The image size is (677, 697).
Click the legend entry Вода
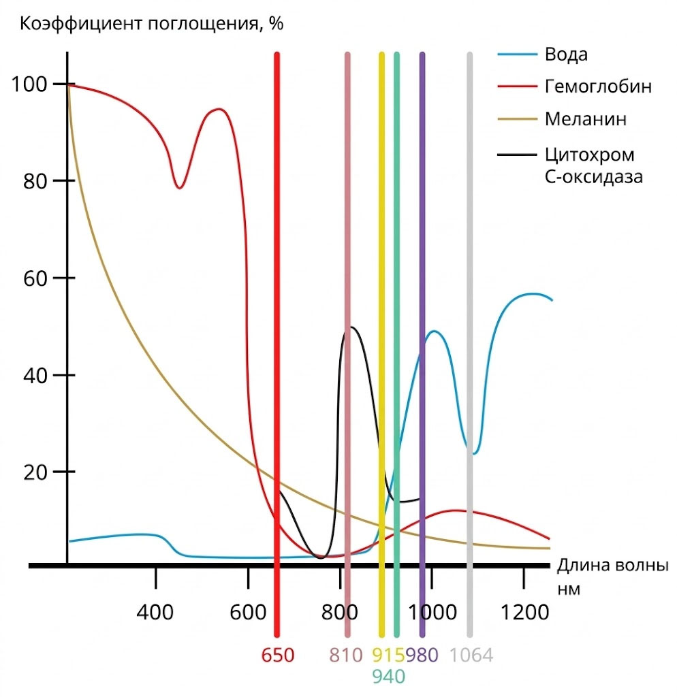[566, 54]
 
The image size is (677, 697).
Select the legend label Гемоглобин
[598, 86]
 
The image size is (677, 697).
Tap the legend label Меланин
[585, 119]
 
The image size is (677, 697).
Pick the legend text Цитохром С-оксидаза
[593, 165]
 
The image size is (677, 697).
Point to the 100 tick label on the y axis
[29, 84]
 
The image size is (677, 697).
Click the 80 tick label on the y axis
[35, 181]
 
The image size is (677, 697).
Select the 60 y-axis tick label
[35, 278]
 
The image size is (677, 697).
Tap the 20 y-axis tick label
[35, 472]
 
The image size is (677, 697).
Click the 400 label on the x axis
[155, 612]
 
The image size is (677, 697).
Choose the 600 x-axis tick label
[248, 612]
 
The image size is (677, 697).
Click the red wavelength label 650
[278, 655]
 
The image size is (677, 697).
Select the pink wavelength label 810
[346, 655]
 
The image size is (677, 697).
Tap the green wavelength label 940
[388, 677]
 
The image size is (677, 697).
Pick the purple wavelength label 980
[422, 655]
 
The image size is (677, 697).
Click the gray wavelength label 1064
[471, 655]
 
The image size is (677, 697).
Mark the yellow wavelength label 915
[388, 655]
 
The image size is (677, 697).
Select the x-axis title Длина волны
[613, 566]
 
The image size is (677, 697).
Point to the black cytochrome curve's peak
[352, 327]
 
